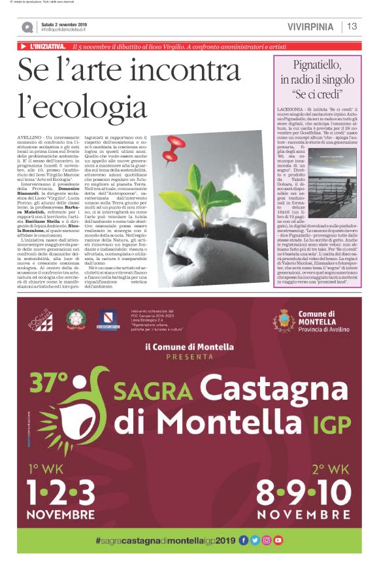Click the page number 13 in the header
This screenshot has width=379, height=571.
point(352,26)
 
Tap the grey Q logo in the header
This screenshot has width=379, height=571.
point(27,27)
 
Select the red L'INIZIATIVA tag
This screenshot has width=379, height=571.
point(46,46)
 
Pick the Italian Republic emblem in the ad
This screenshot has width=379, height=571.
point(75,319)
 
